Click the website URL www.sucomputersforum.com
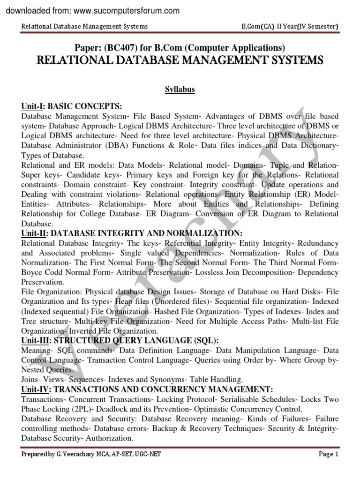tap(125, 10)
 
